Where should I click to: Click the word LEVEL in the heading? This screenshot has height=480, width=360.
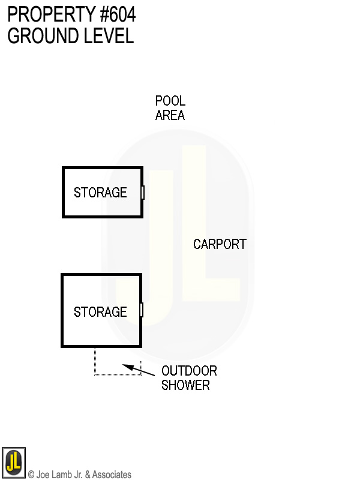point(107,36)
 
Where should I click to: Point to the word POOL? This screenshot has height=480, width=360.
point(170,101)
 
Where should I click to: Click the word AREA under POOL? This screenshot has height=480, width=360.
point(170,115)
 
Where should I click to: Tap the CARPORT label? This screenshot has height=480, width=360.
point(220,244)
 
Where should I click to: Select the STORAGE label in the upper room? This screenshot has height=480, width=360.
point(100,193)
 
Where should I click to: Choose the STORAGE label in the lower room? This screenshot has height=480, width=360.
point(100,312)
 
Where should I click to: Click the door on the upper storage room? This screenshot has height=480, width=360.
point(143,193)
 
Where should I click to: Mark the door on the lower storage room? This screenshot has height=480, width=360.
point(142,310)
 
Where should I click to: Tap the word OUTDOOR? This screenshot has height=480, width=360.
point(189,371)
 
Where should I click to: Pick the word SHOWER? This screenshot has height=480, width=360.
point(185,385)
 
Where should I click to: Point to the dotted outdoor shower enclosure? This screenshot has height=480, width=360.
point(117,374)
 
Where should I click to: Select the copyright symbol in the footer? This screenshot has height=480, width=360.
point(31,475)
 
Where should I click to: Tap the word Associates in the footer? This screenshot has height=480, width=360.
point(112,475)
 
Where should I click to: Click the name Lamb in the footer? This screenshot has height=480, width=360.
point(62,475)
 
